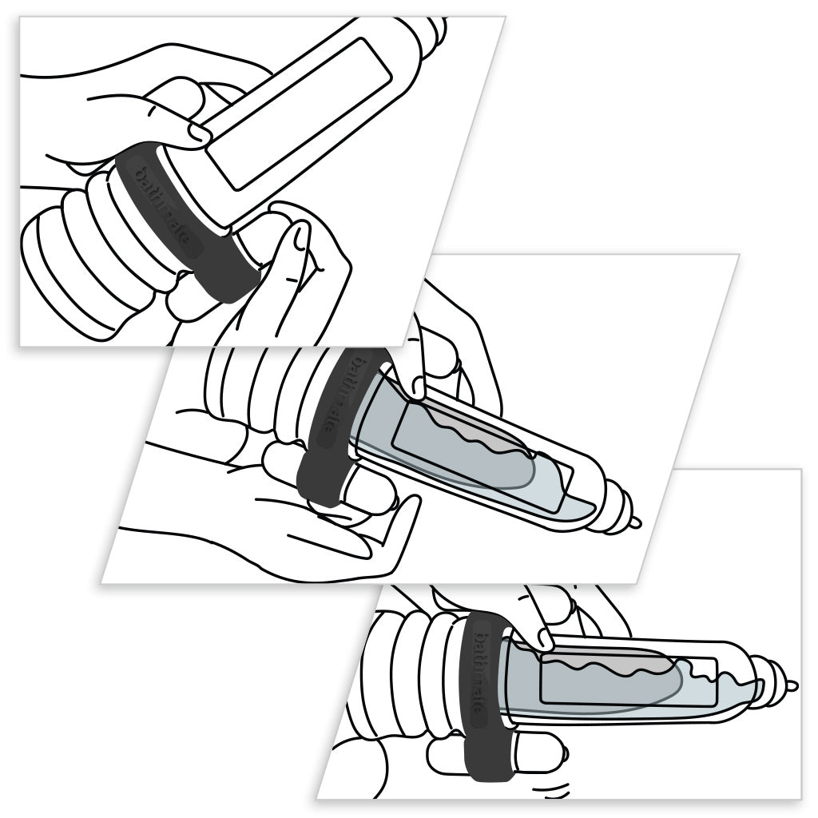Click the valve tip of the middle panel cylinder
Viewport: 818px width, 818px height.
pos(633,523)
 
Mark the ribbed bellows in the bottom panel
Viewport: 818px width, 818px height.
pos(407,663)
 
